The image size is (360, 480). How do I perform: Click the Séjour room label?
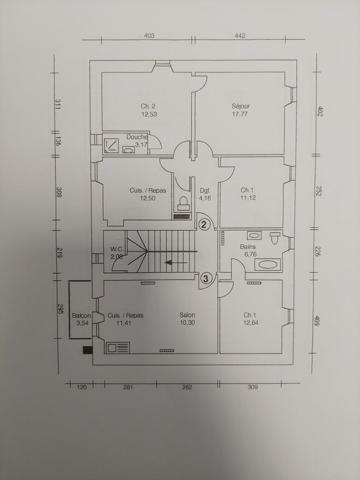(240, 105)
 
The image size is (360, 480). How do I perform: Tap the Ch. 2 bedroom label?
(149, 106)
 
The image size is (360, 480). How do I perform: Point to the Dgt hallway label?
(204, 190)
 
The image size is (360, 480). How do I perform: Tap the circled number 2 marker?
(204, 226)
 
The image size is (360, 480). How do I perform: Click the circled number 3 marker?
(206, 279)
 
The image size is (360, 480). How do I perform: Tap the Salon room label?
(187, 316)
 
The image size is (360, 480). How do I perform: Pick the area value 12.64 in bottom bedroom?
(250, 323)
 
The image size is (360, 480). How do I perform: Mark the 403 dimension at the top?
(149, 35)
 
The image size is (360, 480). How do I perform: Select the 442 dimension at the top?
(240, 35)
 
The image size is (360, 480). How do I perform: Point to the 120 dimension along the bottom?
(82, 386)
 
